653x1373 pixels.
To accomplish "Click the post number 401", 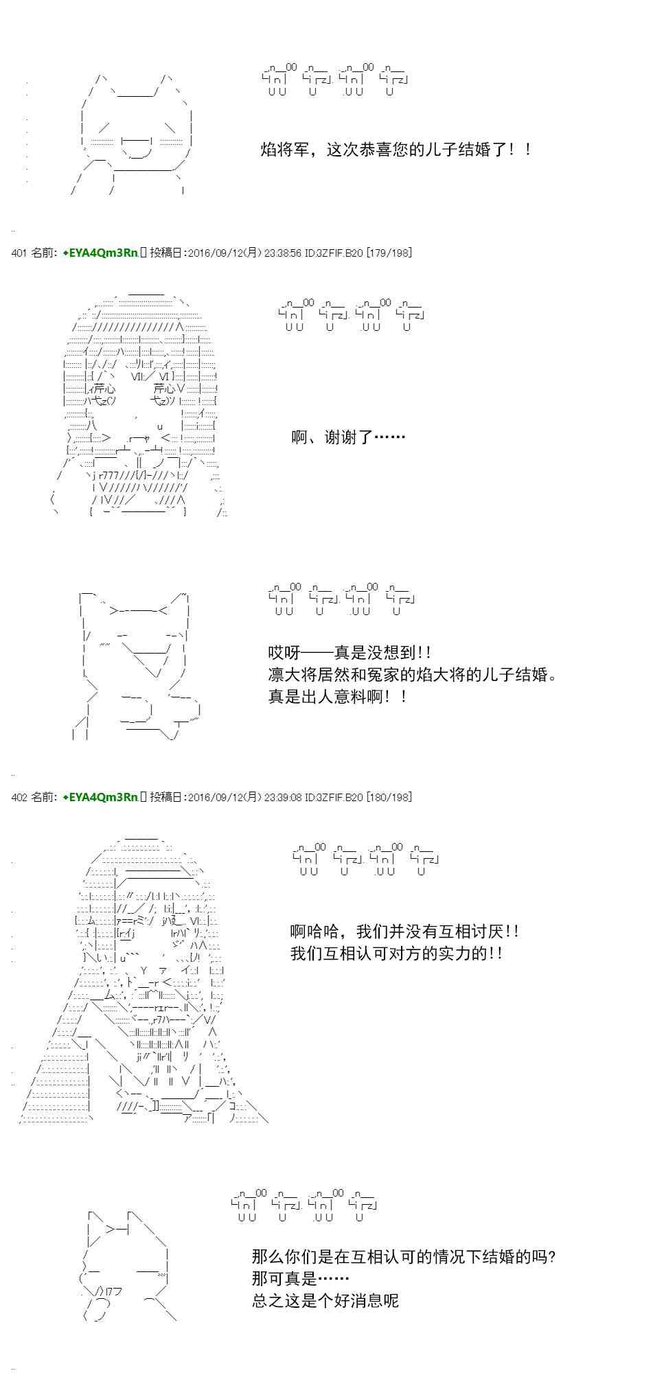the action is point(19,253).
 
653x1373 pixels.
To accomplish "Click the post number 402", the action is point(19,797).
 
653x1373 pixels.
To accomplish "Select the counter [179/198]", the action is point(389,253).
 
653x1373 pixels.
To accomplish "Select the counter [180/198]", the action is point(389,797).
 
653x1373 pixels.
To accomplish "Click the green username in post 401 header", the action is point(100,253).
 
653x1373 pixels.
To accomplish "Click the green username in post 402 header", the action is point(100,797).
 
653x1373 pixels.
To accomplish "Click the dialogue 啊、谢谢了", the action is point(348,437).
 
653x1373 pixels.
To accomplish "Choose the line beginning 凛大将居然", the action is point(411,675).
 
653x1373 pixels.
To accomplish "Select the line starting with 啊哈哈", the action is point(405,932).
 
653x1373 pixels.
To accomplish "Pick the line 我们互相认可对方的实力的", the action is point(397,954).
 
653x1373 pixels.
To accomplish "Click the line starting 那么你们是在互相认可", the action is point(404,1257).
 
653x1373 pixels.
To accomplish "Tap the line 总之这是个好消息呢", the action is point(325,1301).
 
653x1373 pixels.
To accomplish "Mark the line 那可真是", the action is point(301,1279).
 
